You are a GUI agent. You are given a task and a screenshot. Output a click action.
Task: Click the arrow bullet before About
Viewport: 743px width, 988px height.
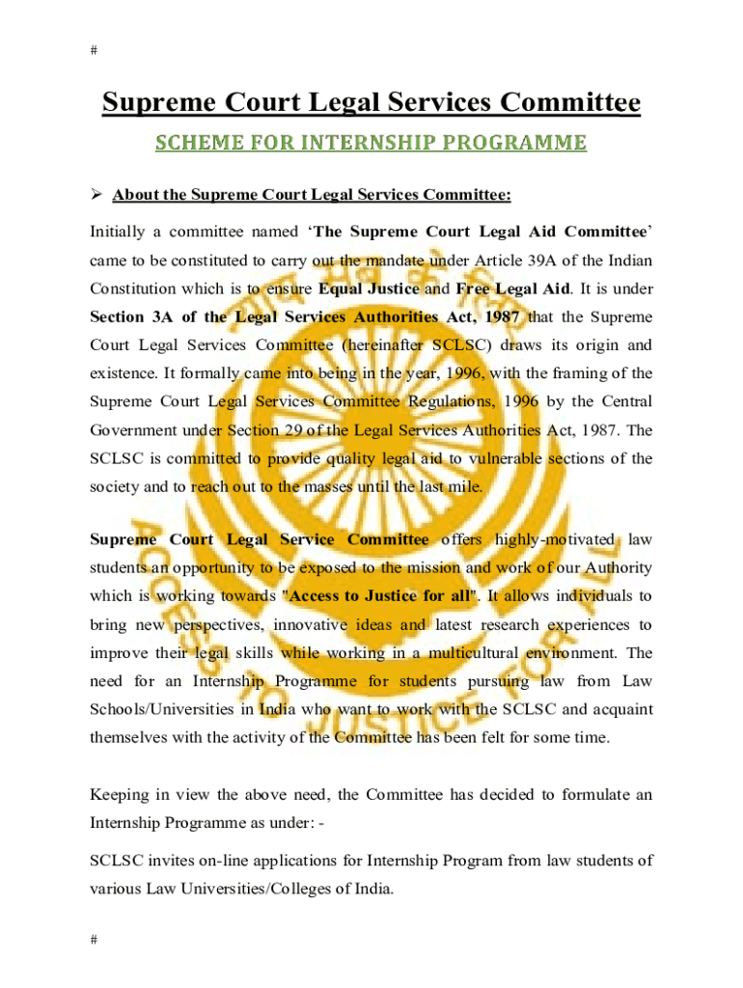tap(96, 196)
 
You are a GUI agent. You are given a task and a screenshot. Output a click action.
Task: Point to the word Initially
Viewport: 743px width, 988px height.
tap(119, 232)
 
